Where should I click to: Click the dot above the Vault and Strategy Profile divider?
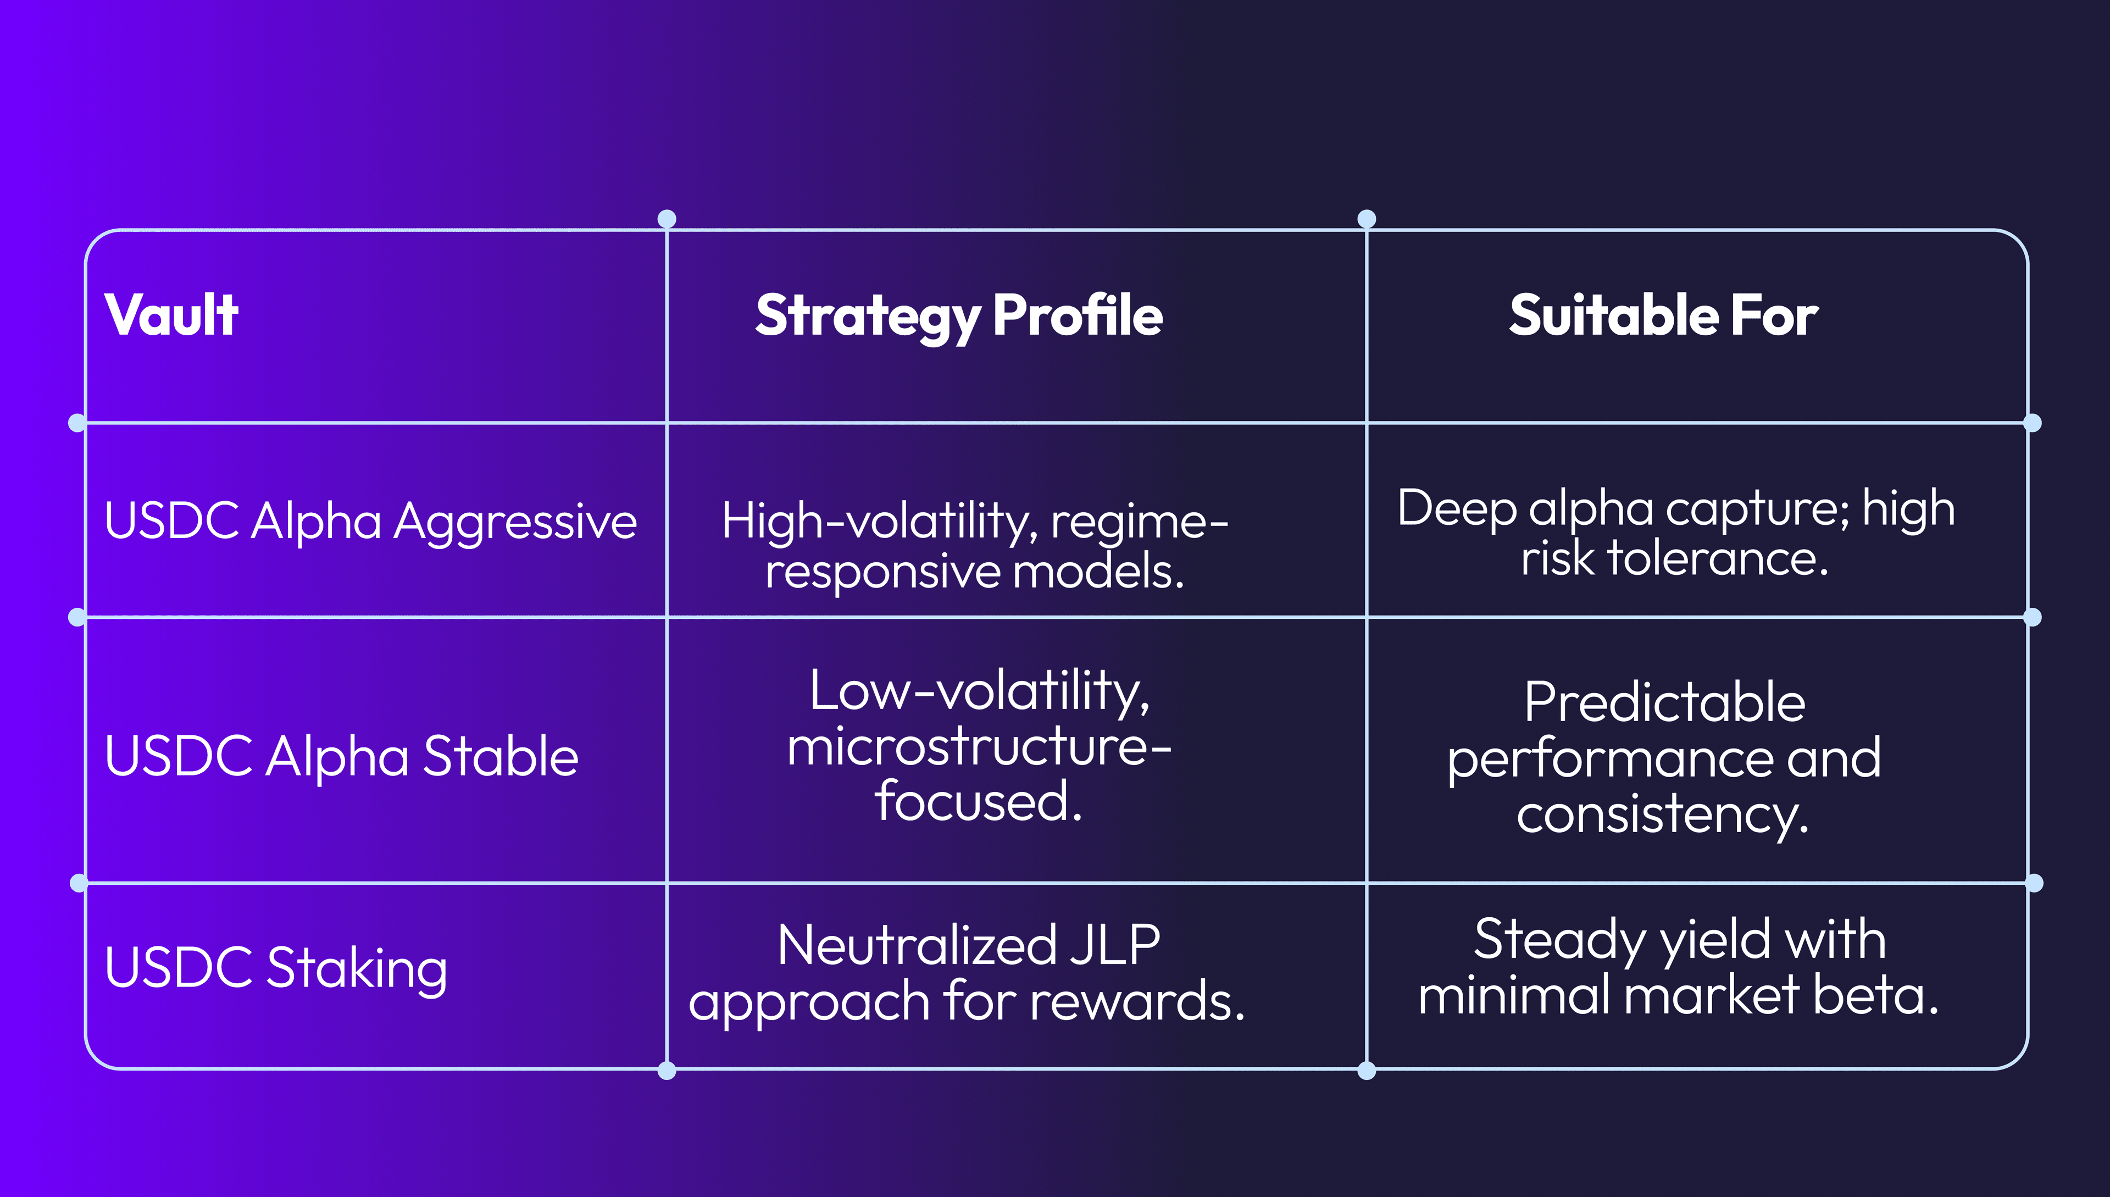click(x=667, y=219)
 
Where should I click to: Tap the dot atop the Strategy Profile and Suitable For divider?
click(x=1366, y=219)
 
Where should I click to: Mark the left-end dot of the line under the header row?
click(x=77, y=423)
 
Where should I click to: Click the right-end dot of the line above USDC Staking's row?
click(x=2034, y=883)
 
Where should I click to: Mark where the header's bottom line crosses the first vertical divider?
click(x=667, y=423)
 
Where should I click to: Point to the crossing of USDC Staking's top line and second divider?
click(x=1366, y=883)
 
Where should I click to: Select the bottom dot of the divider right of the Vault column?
click(x=667, y=1071)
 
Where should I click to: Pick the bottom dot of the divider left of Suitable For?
click(x=1366, y=1071)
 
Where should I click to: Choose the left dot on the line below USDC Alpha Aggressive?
click(x=77, y=617)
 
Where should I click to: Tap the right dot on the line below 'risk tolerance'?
click(x=2033, y=617)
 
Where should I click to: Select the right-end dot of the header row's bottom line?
click(x=2033, y=423)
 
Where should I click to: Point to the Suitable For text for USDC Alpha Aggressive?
click(x=1676, y=533)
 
